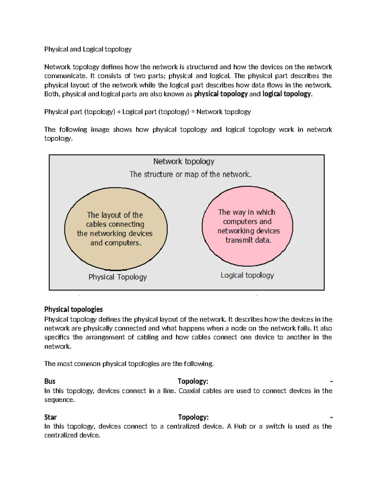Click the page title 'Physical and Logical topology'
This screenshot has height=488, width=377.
click(x=88, y=49)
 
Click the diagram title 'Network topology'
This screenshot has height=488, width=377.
click(x=183, y=162)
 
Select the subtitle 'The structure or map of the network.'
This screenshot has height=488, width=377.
click(x=190, y=174)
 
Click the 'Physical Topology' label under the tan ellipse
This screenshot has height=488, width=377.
click(x=117, y=277)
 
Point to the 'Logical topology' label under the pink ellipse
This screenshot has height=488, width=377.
click(x=247, y=275)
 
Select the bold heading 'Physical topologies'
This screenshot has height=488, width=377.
click(x=73, y=309)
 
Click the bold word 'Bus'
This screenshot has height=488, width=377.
click(x=50, y=381)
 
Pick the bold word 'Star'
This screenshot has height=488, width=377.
click(x=50, y=417)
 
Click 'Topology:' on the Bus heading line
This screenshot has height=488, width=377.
click(x=193, y=381)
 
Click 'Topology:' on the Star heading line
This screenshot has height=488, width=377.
click(x=193, y=417)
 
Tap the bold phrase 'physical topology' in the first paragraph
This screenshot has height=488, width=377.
click(x=221, y=94)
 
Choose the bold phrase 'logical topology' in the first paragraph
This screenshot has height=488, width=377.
click(x=287, y=94)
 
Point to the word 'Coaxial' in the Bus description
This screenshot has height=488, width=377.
click(x=189, y=391)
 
